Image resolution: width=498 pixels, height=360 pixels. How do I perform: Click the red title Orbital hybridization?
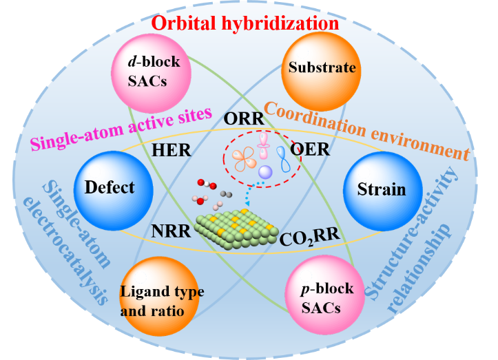pyautogui.click(x=246, y=22)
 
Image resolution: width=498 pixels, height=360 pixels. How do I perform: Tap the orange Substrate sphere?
pyautogui.click(x=312, y=68)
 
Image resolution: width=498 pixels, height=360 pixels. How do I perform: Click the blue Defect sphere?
pyautogui.click(x=108, y=187)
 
